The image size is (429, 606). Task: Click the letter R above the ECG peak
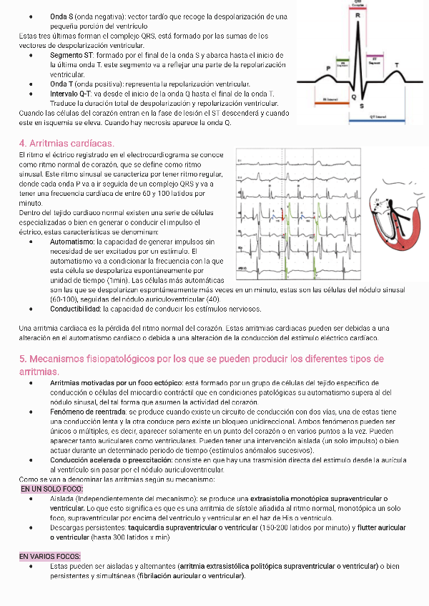click(357, 15)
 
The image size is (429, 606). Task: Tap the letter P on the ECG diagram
click(328, 67)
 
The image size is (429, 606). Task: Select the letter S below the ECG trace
click(360, 106)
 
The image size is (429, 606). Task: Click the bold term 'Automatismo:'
click(72, 243)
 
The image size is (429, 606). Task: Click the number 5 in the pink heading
click(22, 359)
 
